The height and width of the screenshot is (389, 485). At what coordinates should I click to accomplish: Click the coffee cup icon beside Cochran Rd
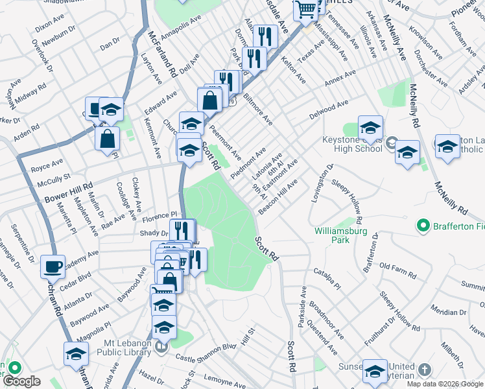click(x=53, y=266)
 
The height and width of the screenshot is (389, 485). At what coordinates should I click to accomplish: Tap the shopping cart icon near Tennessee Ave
click(x=305, y=9)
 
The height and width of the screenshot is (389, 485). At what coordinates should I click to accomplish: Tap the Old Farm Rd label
click(x=397, y=266)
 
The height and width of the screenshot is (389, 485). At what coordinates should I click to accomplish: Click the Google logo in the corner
click(x=21, y=381)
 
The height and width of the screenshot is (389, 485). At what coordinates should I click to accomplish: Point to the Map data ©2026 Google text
click(x=445, y=384)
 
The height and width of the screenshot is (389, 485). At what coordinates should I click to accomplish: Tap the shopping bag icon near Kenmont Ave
click(x=107, y=137)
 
